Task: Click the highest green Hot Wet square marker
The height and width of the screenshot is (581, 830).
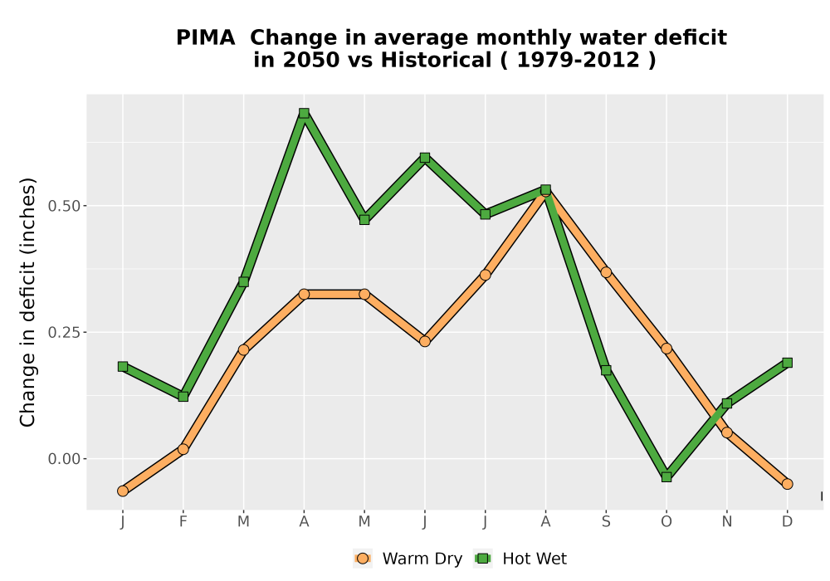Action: pyautogui.click(x=304, y=113)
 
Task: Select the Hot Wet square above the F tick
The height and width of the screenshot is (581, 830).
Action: pyautogui.click(x=183, y=397)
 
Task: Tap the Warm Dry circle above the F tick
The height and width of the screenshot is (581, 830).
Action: pyautogui.click(x=183, y=449)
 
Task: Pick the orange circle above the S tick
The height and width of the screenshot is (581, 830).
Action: pyautogui.click(x=606, y=272)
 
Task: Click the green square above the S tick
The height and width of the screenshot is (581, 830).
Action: pyautogui.click(x=606, y=370)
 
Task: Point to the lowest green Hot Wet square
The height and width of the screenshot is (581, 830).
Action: pyautogui.click(x=666, y=476)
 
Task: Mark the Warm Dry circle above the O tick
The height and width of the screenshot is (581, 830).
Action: pyautogui.click(x=666, y=348)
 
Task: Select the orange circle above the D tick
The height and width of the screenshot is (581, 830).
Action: pyautogui.click(x=787, y=484)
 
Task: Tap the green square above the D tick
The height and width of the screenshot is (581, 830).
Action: pyautogui.click(x=787, y=363)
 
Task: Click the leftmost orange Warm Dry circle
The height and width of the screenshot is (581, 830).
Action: pyautogui.click(x=123, y=491)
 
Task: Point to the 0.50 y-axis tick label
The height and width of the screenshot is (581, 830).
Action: pyautogui.click(x=64, y=206)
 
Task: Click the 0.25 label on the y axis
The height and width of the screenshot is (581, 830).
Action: pyautogui.click(x=64, y=332)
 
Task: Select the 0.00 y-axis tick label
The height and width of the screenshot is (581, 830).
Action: pyautogui.click(x=64, y=459)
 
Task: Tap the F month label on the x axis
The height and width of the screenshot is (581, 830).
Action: pyautogui.click(x=183, y=522)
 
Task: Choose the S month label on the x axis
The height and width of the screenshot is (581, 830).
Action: pyautogui.click(x=606, y=522)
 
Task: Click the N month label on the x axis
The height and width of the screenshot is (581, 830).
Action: pyautogui.click(x=727, y=522)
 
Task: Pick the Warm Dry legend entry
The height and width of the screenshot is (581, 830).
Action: pyautogui.click(x=408, y=559)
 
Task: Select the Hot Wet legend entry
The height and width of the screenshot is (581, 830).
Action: pyautogui.click(x=520, y=559)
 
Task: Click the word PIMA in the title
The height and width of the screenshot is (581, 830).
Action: pyautogui.click(x=205, y=38)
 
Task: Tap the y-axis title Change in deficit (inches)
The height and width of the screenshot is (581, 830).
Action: pyautogui.click(x=27, y=302)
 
